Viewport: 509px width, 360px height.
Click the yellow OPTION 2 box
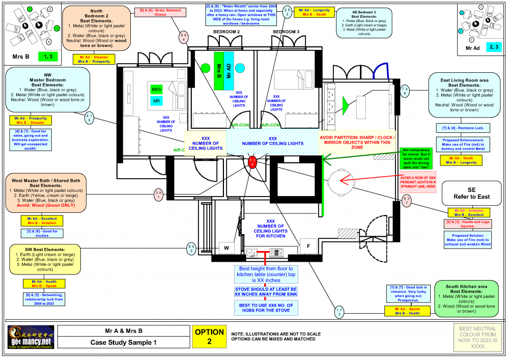coord(209,337)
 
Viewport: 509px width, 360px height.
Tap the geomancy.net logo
coord(31,338)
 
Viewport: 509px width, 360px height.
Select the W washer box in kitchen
coord(226,248)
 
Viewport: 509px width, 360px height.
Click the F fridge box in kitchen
coord(308,246)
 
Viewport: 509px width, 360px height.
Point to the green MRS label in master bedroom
coord(156,90)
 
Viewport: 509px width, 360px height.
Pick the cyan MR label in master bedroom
coord(156,101)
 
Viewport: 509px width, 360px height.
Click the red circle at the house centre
coord(252,161)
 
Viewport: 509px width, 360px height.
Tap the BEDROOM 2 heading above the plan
coord(227,32)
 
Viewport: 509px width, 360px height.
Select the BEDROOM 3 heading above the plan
coord(286,32)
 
